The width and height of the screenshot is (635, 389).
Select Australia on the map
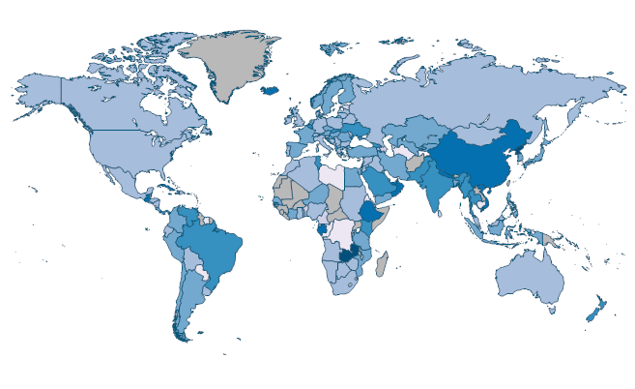pos(529,278)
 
